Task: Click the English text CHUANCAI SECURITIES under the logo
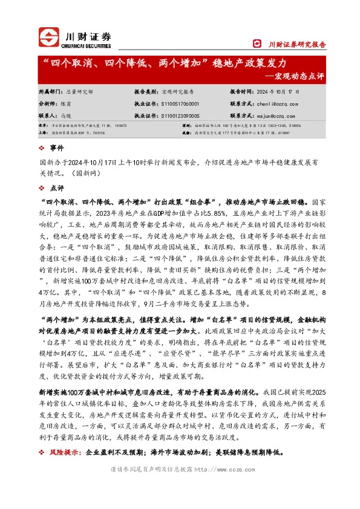click(87, 45)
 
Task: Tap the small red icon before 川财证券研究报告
click(257, 44)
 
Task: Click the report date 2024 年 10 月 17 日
click(275, 91)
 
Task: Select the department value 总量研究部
click(79, 91)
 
